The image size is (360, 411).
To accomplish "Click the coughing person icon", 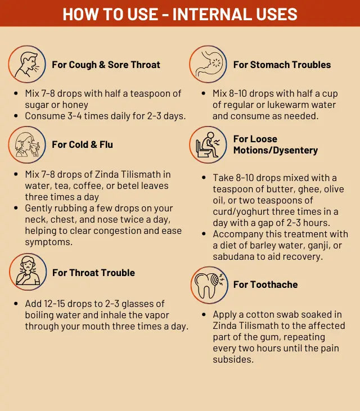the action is click(27, 64).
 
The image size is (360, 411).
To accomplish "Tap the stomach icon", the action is click(208, 64).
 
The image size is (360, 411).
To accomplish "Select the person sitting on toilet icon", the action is click(208, 144).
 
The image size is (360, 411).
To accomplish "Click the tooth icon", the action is click(209, 285).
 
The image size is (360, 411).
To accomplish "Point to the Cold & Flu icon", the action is click(27, 144).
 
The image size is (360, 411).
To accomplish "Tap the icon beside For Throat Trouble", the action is click(28, 272).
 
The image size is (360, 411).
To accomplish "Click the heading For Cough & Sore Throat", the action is click(106, 65).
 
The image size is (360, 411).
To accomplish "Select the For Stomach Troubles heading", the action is click(282, 65).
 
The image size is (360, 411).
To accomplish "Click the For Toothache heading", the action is click(265, 284).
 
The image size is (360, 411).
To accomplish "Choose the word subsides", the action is click(233, 360).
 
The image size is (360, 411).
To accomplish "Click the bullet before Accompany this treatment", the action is click(204, 234).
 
